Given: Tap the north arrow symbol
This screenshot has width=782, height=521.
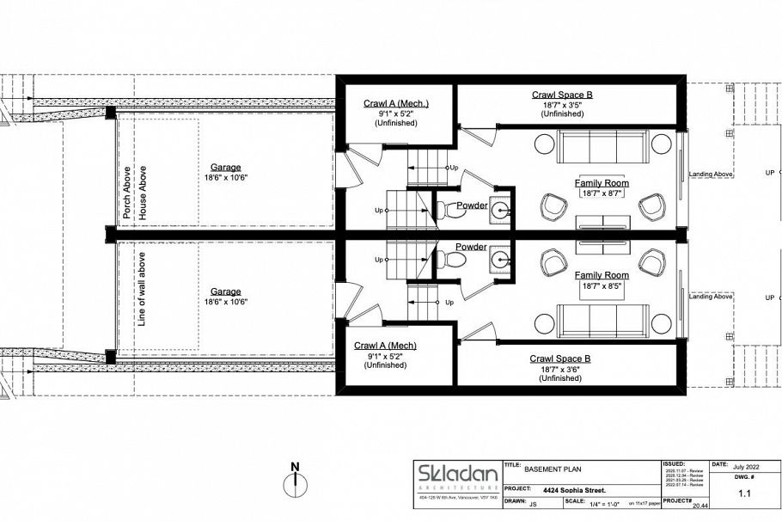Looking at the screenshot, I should click(295, 479).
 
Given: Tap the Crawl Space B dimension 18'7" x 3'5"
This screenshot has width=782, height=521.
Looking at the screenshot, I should click(562, 105).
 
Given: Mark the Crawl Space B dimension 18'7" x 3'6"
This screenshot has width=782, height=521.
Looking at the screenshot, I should click(562, 369).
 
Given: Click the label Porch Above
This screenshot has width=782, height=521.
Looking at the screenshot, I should click(126, 193).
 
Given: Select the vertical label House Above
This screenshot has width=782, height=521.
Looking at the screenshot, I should click(143, 193).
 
